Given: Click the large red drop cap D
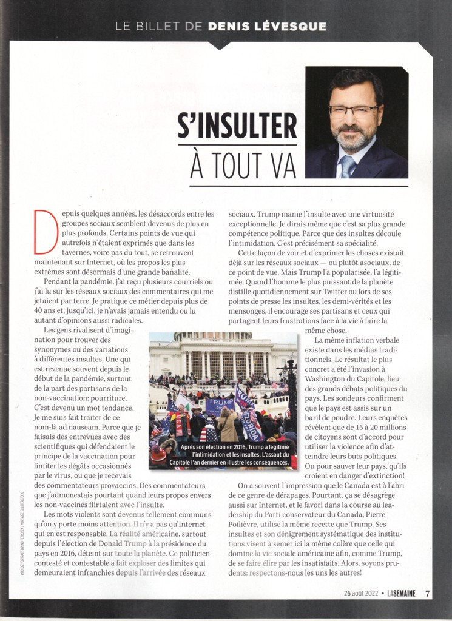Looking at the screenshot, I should (46, 231).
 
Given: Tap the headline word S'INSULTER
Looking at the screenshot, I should (237, 126).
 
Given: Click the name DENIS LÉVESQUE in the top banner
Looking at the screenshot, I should (267, 27).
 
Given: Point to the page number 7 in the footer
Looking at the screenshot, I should (427, 594).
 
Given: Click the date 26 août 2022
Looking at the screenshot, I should (360, 594).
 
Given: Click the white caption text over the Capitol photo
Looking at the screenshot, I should (223, 455).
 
